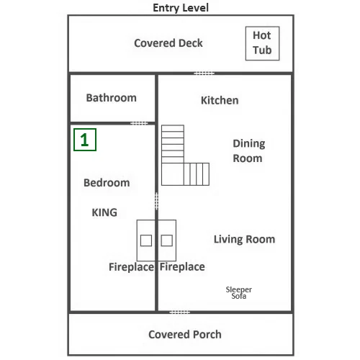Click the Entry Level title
point(181,8)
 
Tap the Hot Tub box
point(262,43)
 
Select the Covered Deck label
point(168,43)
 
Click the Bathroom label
point(111,98)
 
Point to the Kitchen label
point(220,100)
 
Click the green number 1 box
point(85,140)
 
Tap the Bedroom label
point(107,183)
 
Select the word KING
point(104,212)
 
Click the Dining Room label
point(249,150)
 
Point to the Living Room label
point(244,239)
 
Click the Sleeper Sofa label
point(239,292)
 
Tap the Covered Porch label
point(185,334)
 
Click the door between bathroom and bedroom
point(139,123)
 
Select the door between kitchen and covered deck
point(204,73)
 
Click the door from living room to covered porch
point(180,312)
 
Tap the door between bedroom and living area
point(156,201)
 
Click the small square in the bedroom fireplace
point(146,240)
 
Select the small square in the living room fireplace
point(166,240)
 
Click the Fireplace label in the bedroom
point(131,267)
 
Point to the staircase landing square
point(173,174)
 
